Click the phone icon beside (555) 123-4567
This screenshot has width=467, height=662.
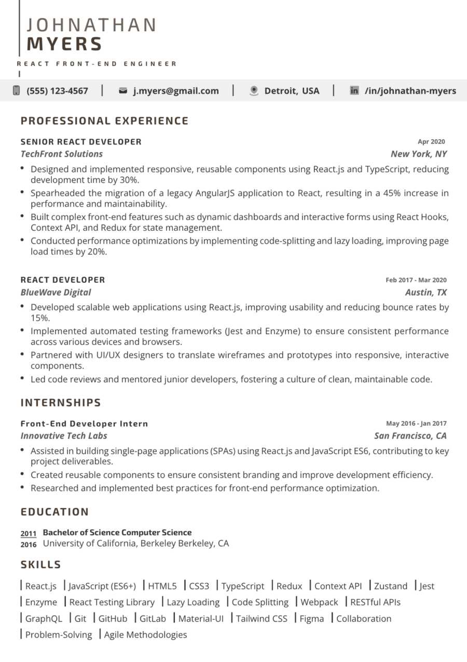click(x=16, y=90)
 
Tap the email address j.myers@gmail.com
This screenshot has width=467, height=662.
click(x=176, y=91)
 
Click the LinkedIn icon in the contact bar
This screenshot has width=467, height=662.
click(x=354, y=91)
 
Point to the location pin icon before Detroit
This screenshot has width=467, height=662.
click(x=254, y=91)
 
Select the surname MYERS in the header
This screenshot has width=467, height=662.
click(x=64, y=44)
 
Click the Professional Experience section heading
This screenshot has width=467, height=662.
click(x=104, y=121)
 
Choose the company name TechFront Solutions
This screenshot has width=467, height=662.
click(x=61, y=154)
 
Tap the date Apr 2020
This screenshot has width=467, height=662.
click(x=431, y=141)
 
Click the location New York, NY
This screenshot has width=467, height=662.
click(x=418, y=154)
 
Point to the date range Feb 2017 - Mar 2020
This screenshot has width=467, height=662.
click(x=416, y=280)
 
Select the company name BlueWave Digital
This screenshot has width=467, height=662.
click(x=56, y=292)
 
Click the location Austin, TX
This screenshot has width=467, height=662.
click(x=425, y=292)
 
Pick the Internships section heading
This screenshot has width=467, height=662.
click(x=61, y=403)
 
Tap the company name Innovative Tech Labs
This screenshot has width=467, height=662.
click(x=64, y=435)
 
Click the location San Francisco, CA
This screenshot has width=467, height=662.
click(x=410, y=435)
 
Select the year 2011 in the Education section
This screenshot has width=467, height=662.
click(x=29, y=534)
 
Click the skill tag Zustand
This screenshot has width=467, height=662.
click(x=390, y=586)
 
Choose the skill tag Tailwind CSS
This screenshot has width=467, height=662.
click(x=262, y=618)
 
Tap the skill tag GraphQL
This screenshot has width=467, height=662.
click(x=44, y=618)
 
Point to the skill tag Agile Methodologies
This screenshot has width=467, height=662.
click(x=145, y=634)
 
